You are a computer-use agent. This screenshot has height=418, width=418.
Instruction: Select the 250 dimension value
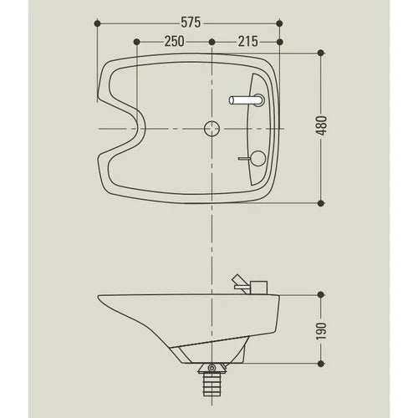click(174, 41)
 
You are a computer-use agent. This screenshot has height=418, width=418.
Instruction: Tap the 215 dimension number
click(247, 41)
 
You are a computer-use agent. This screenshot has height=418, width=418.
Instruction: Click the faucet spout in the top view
click(246, 100)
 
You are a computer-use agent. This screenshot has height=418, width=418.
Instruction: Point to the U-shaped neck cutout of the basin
click(125, 128)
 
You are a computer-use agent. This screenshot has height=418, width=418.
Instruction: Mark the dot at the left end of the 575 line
click(99, 26)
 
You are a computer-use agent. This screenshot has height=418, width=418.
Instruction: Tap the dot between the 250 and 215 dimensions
click(212, 41)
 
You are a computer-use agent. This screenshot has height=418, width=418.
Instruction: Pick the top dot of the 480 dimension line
click(321, 53)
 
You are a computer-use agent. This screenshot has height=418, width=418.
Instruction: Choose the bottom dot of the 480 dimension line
click(321, 201)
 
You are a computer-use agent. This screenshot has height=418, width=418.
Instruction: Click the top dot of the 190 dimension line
click(321, 293)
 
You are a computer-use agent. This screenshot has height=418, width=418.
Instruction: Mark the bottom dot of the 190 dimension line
click(321, 362)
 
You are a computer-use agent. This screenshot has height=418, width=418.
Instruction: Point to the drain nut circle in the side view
click(212, 367)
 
